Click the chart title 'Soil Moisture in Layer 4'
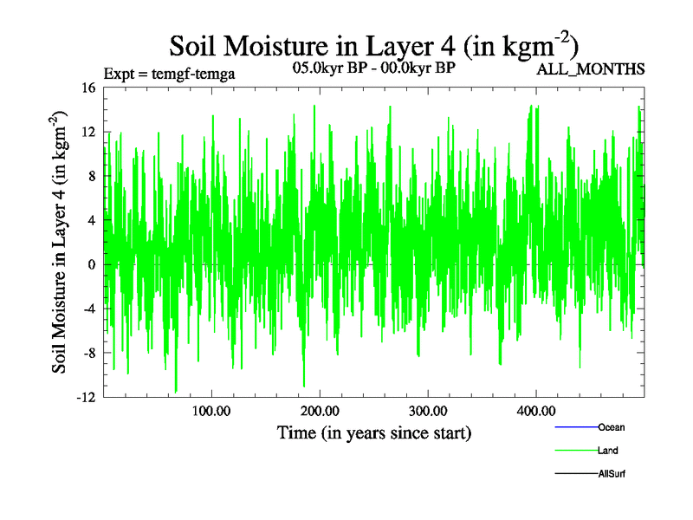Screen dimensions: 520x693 point(373,45)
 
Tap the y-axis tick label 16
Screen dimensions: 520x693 point(87,88)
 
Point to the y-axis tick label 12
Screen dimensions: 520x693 point(87,132)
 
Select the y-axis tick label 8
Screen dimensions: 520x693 point(91,176)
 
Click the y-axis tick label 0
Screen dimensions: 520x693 point(91,264)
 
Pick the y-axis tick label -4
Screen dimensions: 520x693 point(88,309)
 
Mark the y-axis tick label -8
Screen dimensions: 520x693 point(88,353)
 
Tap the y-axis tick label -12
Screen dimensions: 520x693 point(85,397)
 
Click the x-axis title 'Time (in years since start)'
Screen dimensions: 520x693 point(373,432)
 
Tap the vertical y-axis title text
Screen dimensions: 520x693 point(62,243)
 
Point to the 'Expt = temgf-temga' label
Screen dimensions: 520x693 point(169,74)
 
